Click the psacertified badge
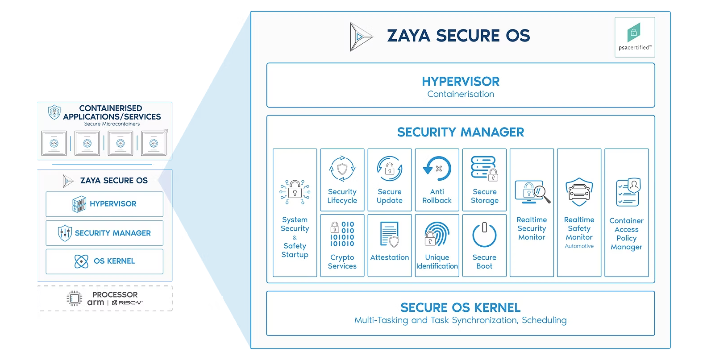coord(634,37)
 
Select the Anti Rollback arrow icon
coord(437,169)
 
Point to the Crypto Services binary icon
coord(342,234)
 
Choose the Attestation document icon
coord(389,234)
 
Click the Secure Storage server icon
coord(484,169)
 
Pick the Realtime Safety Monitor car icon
coord(579,192)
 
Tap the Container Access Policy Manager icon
coord(628,192)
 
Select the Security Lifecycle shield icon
coord(342,169)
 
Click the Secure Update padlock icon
coord(390,169)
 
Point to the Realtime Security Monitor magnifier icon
coord(532,192)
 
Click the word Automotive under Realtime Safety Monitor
coord(579,246)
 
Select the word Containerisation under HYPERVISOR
coord(461,94)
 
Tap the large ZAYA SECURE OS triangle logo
coord(360,37)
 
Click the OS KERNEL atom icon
coord(81,261)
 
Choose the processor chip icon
coord(75,298)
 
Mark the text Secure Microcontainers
coord(112,124)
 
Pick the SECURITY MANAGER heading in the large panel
coord(461,132)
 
